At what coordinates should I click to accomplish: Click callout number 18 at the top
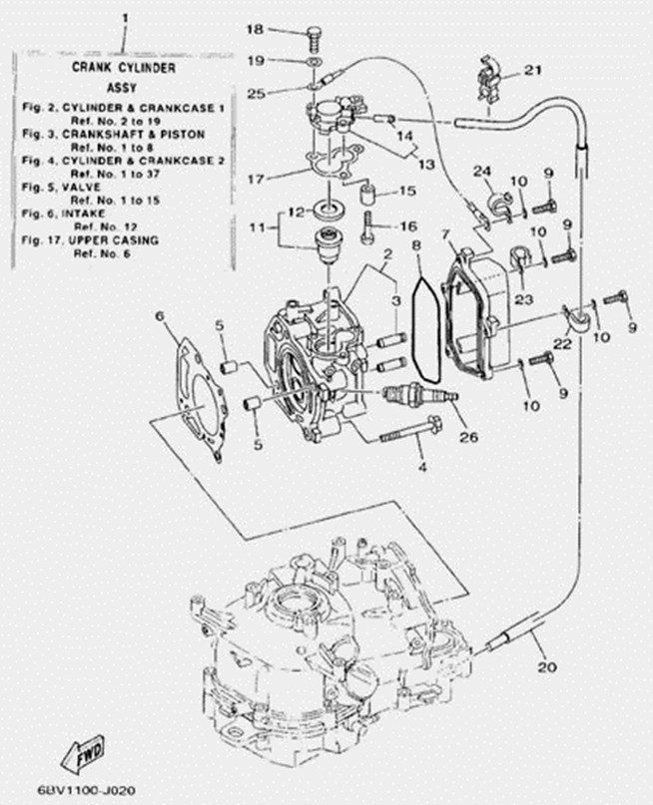tap(256, 29)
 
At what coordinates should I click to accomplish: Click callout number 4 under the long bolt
tap(422, 466)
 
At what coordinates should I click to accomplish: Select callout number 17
tap(255, 180)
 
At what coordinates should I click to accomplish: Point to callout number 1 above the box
tap(125, 19)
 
